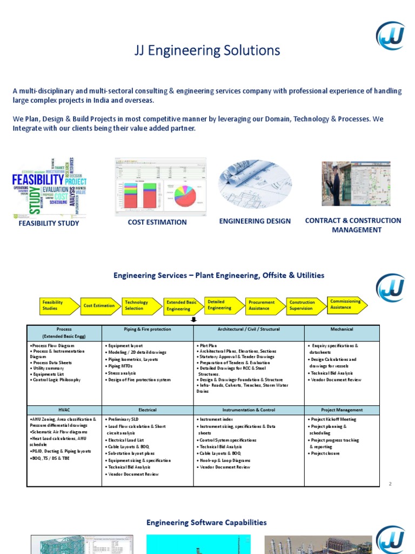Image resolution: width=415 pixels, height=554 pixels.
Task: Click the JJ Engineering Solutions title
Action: coord(207,51)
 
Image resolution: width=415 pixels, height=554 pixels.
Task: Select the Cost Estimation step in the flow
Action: coord(99,306)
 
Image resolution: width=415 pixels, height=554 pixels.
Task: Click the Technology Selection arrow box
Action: coord(140,306)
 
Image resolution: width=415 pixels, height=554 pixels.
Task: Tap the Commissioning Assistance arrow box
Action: coord(346,304)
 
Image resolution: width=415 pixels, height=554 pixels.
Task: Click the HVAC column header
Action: coord(64,410)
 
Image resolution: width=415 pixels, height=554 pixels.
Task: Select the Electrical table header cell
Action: coord(147,410)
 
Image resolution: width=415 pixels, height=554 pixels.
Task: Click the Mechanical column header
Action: coord(342,329)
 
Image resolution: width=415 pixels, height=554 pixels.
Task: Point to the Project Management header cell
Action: coord(342,410)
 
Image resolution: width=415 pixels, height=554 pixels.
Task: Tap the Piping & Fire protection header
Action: coord(147,329)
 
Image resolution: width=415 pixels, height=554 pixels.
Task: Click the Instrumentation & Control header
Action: coord(249,410)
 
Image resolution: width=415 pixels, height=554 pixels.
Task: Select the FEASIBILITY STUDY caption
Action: coord(49,223)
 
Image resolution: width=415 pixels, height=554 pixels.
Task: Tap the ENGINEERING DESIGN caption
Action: coord(255,221)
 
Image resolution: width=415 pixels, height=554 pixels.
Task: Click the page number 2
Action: coord(390,483)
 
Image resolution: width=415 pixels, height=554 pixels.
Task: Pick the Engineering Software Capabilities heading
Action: coord(207,523)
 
